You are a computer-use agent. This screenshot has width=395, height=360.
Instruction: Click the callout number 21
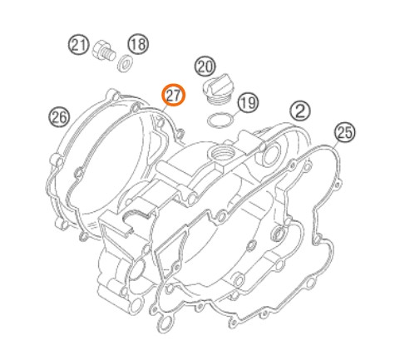79,45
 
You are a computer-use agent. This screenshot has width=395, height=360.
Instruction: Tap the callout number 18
138,44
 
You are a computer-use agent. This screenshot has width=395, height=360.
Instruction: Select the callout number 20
205,67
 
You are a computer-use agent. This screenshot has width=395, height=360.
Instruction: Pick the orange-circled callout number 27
174,95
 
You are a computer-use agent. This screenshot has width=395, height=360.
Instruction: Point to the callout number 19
248,103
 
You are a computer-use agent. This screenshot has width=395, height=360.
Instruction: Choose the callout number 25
345,132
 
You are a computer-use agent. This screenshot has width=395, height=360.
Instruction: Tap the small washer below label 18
125,63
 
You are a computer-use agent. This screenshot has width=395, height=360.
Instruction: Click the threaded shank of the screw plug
110,54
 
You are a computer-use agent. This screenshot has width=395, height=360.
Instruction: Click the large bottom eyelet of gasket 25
165,323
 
